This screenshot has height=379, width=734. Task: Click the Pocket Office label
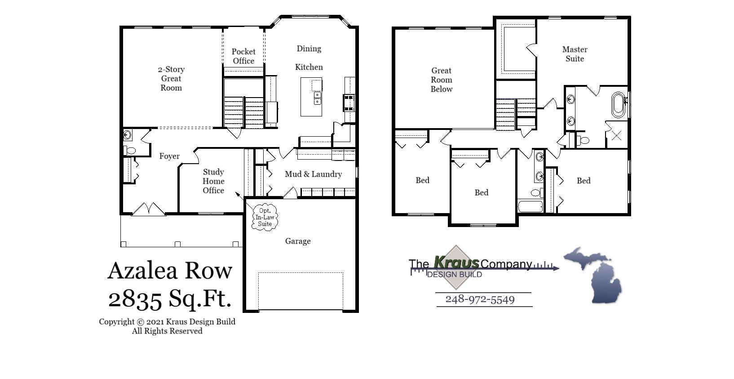[243, 56]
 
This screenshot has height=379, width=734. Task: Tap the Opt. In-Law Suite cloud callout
[265, 217]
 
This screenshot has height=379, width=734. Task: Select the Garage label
[298, 241]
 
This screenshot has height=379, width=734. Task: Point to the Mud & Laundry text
[313, 174]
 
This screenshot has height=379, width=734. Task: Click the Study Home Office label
[213, 181]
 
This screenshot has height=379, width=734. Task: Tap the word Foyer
[169, 156]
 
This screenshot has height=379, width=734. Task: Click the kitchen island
[311, 97]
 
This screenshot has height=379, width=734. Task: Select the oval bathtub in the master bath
[619, 105]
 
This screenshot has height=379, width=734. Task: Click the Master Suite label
[575, 54]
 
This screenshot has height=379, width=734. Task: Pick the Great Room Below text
[441, 80]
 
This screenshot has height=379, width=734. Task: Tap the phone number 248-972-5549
[480, 300]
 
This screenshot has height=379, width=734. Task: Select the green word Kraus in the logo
[456, 262]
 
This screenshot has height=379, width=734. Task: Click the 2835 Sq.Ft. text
[170, 298]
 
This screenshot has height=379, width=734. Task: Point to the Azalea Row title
[170, 270]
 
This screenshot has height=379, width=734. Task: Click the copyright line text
[167, 322]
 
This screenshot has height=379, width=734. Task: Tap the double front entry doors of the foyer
[149, 209]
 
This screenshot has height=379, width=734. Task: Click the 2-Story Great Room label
[171, 79]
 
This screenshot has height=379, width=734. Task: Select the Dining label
[309, 49]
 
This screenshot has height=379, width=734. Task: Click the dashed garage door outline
[301, 290]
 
